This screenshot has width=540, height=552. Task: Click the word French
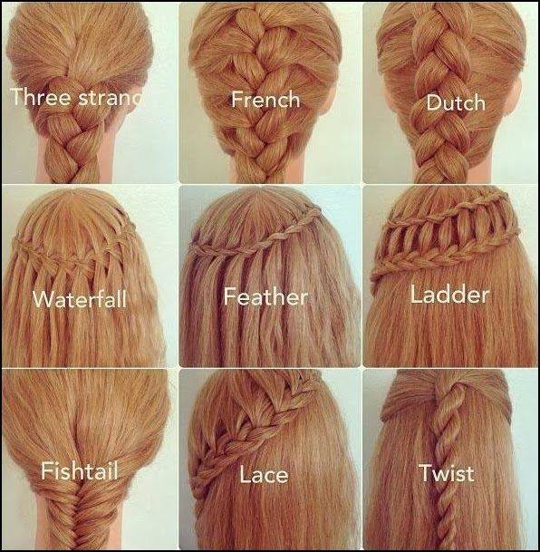click(265, 100)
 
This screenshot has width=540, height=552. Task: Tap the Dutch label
click(456, 102)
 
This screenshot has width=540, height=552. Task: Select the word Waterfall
click(80, 299)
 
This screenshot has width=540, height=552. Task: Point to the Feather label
click(266, 296)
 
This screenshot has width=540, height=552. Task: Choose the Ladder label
click(450, 295)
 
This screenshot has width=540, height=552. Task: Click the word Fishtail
click(80, 471)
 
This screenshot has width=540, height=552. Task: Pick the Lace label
click(264, 474)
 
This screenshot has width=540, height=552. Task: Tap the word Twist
click(447, 472)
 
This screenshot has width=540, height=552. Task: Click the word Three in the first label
click(41, 97)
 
